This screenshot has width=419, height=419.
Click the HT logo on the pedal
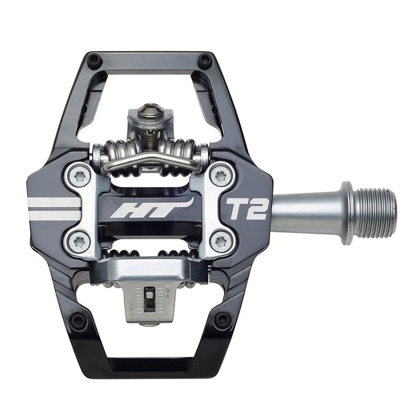[151, 208]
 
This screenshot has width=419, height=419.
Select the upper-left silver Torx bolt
[80, 177]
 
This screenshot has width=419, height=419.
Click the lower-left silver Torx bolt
[80, 241]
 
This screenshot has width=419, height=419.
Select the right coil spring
[181, 152]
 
